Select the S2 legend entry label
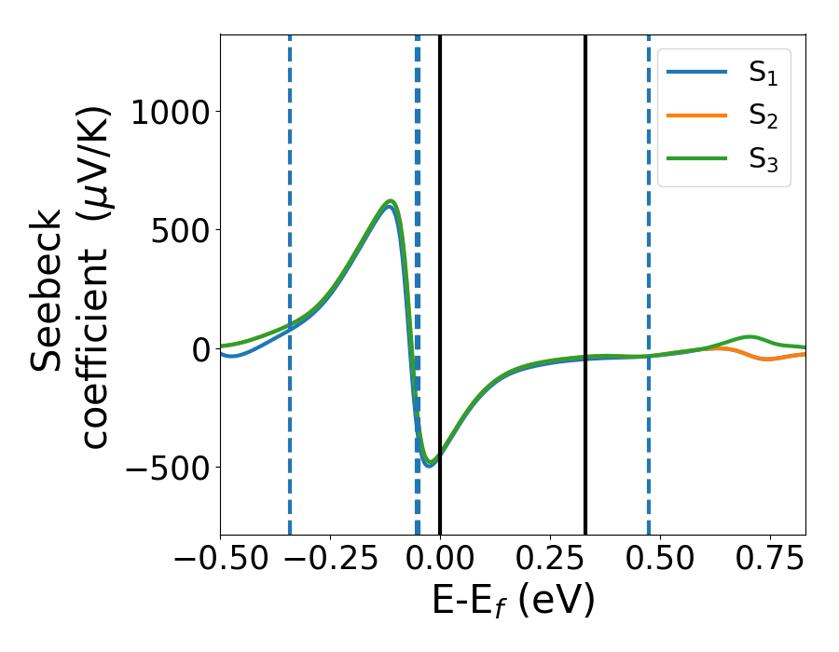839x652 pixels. pyautogui.click(x=763, y=118)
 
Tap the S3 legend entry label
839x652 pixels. pyautogui.click(x=763, y=160)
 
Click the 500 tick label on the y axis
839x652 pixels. pyautogui.click(x=183, y=230)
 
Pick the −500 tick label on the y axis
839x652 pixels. pyautogui.click(x=172, y=468)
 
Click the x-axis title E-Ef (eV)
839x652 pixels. pyautogui.click(x=513, y=602)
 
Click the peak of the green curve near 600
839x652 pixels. pyautogui.click(x=392, y=201)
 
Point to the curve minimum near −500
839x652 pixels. pyautogui.click(x=429, y=463)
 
